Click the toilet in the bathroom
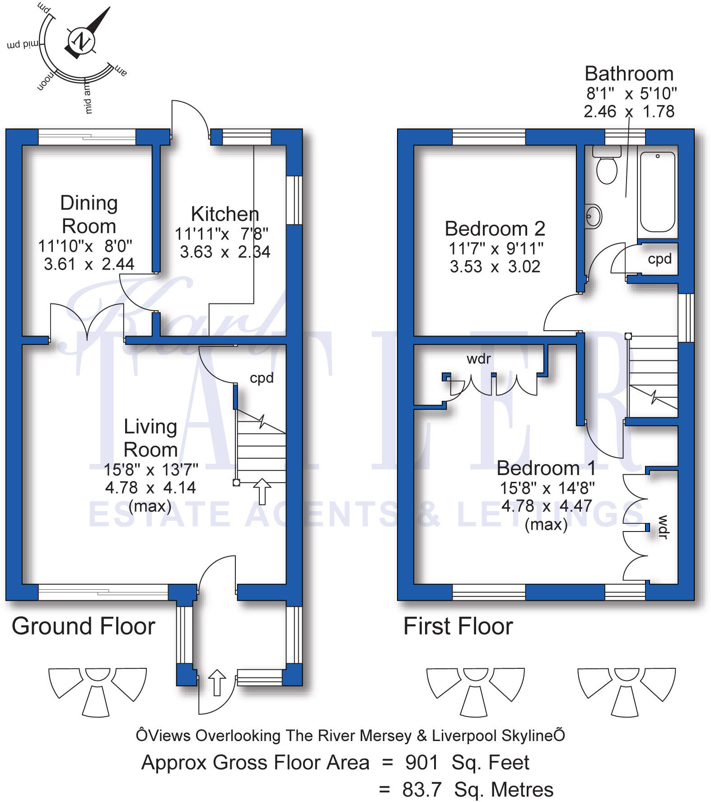pos(607,168)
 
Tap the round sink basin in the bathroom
pos(593,216)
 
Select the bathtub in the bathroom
pos(657,192)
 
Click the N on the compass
pos(82,41)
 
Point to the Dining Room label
pos(89,214)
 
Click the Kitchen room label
pos(225,214)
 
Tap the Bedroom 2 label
pos(495,228)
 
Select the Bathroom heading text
pos(629,74)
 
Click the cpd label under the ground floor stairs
pos(262,378)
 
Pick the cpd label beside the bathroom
pos(659,259)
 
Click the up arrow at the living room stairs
pos(262,491)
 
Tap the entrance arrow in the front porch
pos(217,682)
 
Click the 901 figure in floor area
pos(421,763)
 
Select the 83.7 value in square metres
pos(421,790)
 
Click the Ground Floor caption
pos(84,626)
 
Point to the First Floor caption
pos(458,626)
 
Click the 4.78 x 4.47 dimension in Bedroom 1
pos(546,506)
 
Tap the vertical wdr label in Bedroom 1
pos(663,527)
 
